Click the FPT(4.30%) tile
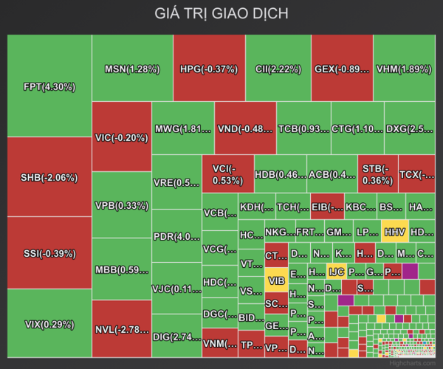click(x=49, y=86)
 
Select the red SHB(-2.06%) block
click(x=49, y=177)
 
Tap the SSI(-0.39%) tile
click(x=49, y=253)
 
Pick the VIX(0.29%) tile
click(x=49, y=324)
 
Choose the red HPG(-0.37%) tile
click(x=208, y=69)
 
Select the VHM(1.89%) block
click(x=404, y=69)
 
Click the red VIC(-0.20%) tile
click(x=122, y=137)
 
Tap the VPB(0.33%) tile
click(x=122, y=204)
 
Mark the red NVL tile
click(x=122, y=328)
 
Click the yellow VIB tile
click(x=276, y=280)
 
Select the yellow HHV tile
click(x=394, y=231)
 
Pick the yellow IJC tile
click(x=337, y=272)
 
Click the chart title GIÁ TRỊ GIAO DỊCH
click(x=221, y=14)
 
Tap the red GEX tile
click(x=342, y=69)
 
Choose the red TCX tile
click(x=416, y=174)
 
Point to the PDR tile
click(x=176, y=236)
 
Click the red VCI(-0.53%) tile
click(x=227, y=174)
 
